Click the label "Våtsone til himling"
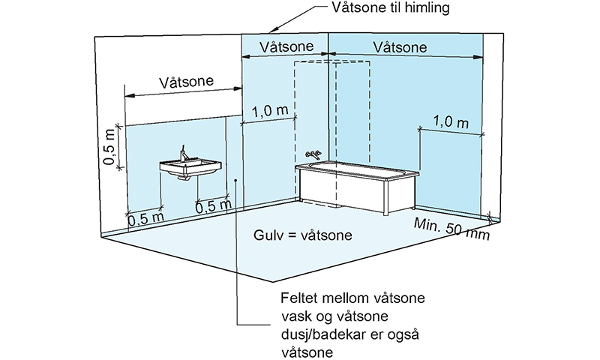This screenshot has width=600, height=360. pyautogui.click(x=390, y=8)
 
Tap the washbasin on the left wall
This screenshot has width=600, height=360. pyautogui.click(x=190, y=167)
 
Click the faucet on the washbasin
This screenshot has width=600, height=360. pyautogui.click(x=184, y=154)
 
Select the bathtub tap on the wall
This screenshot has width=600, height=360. pyautogui.click(x=313, y=154)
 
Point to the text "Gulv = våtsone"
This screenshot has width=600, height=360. pyautogui.click(x=303, y=235)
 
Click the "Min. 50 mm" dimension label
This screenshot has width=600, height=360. pyautogui.click(x=451, y=229)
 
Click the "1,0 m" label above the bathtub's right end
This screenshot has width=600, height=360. pyautogui.click(x=451, y=122)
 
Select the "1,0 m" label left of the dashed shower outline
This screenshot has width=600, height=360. pyautogui.click(x=270, y=111)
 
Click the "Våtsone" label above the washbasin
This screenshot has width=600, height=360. pyautogui.click(x=186, y=82)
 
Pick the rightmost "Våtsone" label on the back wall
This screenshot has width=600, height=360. pyautogui.click(x=400, y=47)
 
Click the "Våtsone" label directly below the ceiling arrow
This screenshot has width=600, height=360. pyautogui.click(x=286, y=46)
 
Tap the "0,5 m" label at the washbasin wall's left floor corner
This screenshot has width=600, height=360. pyautogui.click(x=145, y=219)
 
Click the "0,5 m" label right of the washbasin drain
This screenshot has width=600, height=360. pyautogui.click(x=214, y=206)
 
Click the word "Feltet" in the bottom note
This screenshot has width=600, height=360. pyautogui.click(x=299, y=298)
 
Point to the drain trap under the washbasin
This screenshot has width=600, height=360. pyautogui.click(x=184, y=178)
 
